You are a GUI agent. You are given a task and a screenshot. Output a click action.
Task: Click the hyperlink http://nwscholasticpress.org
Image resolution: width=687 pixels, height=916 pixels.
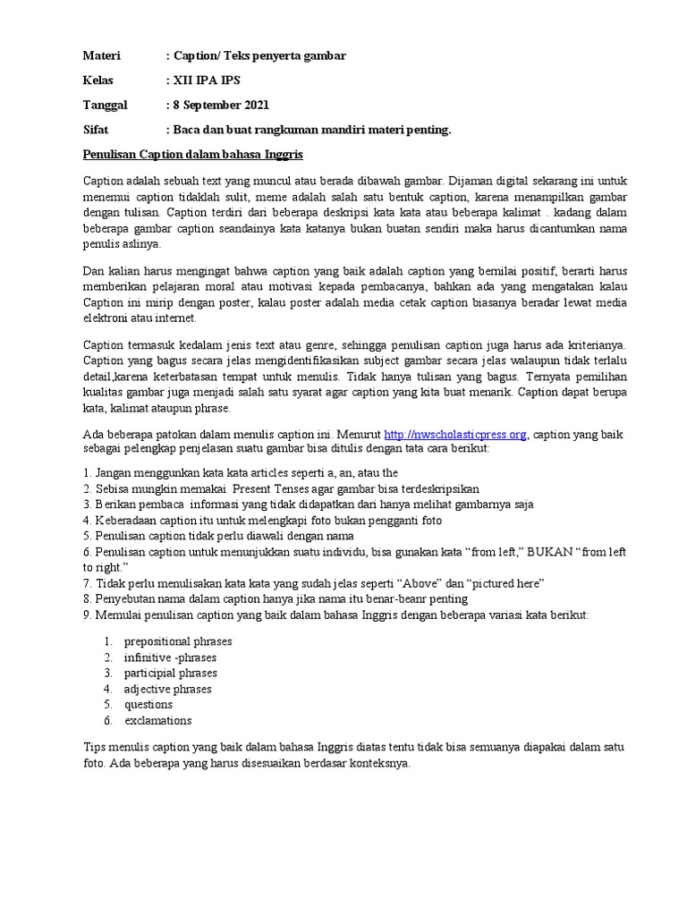point(455,434)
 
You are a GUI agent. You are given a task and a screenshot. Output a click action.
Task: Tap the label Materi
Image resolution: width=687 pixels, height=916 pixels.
point(101,55)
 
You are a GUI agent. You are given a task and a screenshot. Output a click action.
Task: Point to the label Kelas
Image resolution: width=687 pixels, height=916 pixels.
point(98,81)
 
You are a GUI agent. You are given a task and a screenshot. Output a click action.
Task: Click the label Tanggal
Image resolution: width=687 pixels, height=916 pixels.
point(106,105)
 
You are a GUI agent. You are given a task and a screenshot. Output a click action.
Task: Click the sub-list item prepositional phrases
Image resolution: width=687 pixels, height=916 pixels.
point(178,641)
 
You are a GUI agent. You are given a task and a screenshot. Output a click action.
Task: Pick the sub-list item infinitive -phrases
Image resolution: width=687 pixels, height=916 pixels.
point(171,657)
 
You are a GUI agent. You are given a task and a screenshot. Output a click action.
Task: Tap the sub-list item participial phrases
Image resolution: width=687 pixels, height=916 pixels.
point(171,673)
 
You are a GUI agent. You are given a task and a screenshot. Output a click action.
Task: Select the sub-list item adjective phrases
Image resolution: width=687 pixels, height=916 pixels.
point(168,689)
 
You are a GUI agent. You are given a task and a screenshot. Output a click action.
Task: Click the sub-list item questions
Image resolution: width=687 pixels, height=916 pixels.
point(148,704)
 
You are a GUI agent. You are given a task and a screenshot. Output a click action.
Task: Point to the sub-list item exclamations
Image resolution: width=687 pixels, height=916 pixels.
point(158,720)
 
